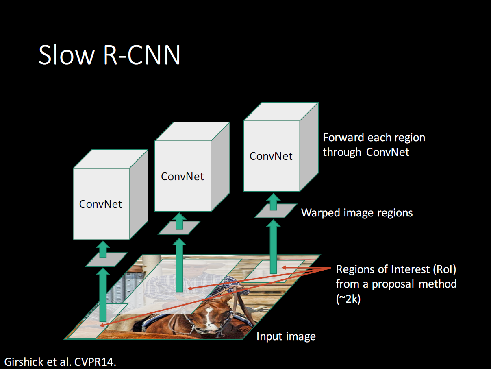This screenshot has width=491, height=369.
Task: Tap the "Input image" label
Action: click(286, 337)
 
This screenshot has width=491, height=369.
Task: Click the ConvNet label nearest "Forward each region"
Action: click(271, 156)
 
